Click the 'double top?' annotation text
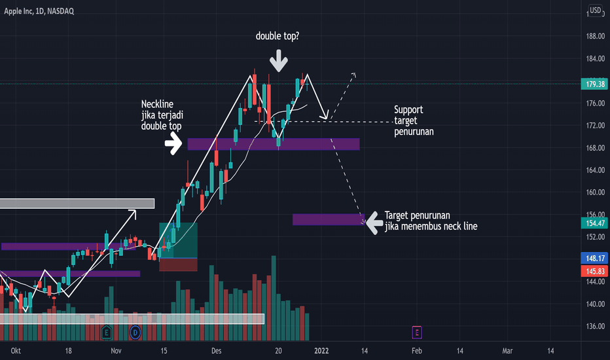pos(279,37)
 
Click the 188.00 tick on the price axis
pos(595,37)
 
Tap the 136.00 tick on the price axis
pos(595,327)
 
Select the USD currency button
pos(595,10)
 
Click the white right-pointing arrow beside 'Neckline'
pos(173,143)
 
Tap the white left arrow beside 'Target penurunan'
pos(374,223)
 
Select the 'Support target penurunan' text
pos(414,120)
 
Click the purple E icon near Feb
pos(417,333)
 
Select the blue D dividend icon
pos(135,332)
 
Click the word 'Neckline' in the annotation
pos(158,104)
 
